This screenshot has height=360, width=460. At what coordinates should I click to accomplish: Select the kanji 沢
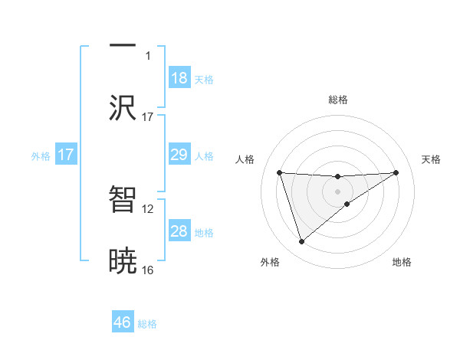click(x=123, y=108)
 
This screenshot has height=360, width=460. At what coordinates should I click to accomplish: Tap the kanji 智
click(x=123, y=199)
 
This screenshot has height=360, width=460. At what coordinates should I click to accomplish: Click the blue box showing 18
click(x=179, y=78)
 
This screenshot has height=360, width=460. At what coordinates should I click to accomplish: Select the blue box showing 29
click(x=179, y=155)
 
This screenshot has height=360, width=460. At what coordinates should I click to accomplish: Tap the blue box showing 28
click(x=179, y=231)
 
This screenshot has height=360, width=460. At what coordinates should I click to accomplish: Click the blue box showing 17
click(x=66, y=155)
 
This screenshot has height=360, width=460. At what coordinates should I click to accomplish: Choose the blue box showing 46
click(x=123, y=322)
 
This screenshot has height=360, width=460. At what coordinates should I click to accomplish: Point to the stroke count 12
click(x=148, y=208)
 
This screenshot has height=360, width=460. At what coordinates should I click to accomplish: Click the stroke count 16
click(x=148, y=270)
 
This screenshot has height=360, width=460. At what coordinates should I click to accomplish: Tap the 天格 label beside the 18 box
click(x=204, y=79)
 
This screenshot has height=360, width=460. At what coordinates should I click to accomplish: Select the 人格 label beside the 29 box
click(x=204, y=155)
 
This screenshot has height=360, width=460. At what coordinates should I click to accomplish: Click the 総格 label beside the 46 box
click(x=147, y=323)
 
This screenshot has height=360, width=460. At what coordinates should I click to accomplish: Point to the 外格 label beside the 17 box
click(x=41, y=155)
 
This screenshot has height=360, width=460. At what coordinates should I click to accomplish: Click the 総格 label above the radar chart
click(x=338, y=100)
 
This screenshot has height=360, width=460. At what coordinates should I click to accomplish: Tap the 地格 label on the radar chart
click(x=402, y=262)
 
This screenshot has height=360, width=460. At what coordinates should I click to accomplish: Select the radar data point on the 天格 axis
click(x=396, y=172)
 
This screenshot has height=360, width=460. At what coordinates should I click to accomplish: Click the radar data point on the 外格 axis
click(x=301, y=242)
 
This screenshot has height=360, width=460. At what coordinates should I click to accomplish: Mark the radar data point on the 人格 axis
click(x=279, y=172)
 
